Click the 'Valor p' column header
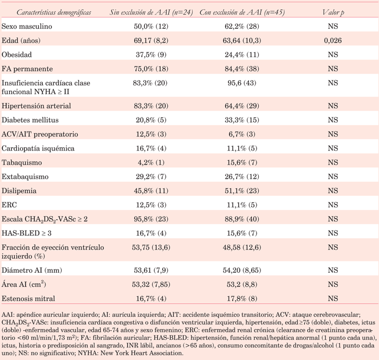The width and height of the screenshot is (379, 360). click(x=332, y=11)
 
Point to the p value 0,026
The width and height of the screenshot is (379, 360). click(x=332, y=41)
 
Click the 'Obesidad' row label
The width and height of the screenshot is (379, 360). click(x=17, y=55)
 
